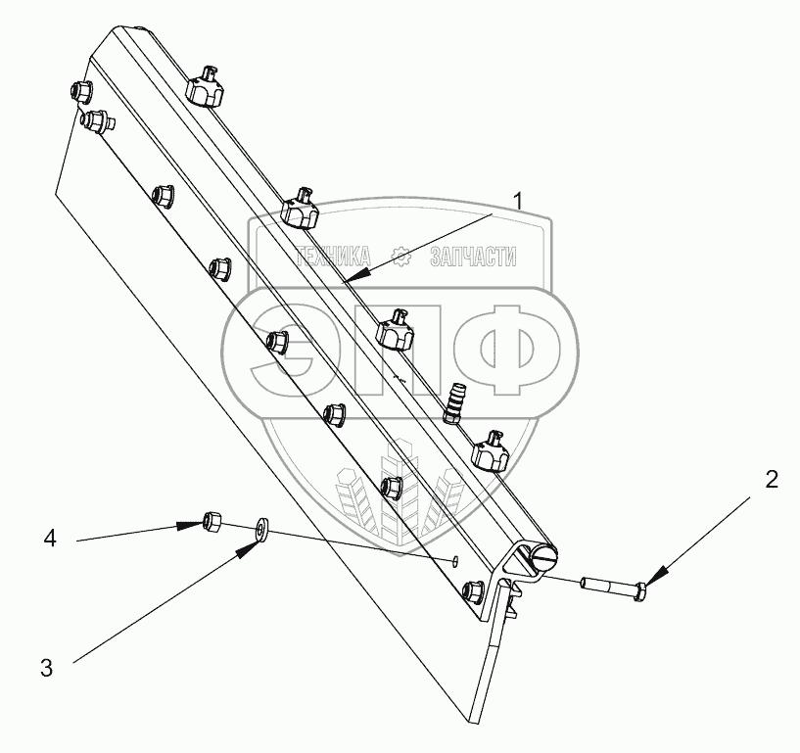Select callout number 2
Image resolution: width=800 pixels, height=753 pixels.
pos(772,479)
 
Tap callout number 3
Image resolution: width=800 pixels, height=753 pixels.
pos(46,669)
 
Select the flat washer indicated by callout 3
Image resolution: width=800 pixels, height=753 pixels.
pos(261,529)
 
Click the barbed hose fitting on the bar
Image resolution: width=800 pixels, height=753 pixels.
pos(455,401)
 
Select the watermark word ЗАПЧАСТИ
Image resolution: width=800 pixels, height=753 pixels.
pos(473,258)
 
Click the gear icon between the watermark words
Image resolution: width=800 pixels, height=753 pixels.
pos(400,258)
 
